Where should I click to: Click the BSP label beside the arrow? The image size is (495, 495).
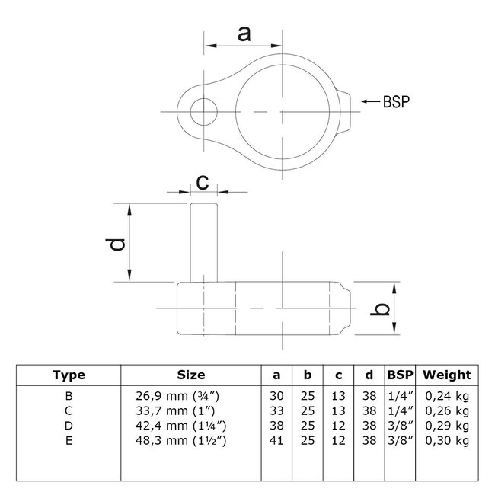(394, 101)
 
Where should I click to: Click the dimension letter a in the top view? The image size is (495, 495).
(244, 34)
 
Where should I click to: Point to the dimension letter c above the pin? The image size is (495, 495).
(203, 182)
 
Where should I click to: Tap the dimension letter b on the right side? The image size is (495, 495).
(385, 308)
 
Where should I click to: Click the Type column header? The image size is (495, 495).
(69, 375)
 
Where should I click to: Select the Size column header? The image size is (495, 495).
(191, 375)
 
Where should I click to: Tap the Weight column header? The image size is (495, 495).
(447, 375)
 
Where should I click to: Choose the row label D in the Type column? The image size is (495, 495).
(69, 424)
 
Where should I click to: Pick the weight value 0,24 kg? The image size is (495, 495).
(446, 395)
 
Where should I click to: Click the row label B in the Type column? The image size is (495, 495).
(69, 395)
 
